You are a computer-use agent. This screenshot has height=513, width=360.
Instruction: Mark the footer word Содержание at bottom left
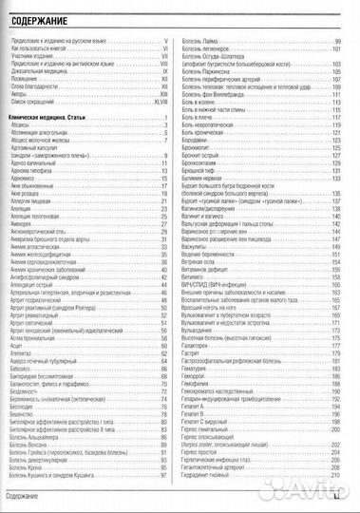pyautogui.click(x=27, y=498)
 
